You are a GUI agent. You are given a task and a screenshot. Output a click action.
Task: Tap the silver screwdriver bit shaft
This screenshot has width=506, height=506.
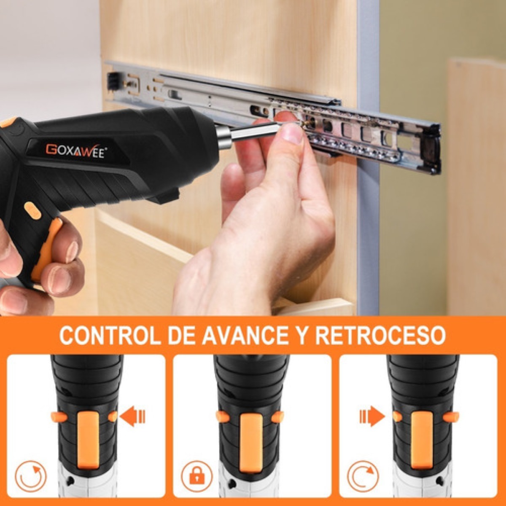coord(253,132)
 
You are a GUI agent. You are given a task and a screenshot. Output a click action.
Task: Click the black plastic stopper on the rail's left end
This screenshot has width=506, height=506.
coord(113,81)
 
